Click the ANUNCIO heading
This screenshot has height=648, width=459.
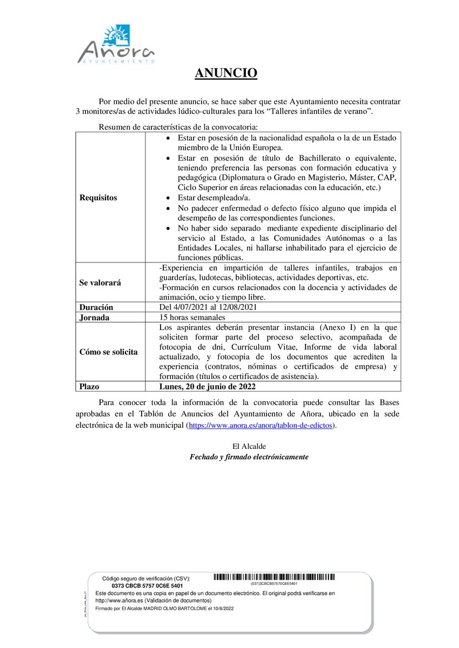226,73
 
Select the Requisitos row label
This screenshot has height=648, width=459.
98,198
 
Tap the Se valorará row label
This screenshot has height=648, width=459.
101,282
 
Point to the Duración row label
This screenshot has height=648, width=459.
97,307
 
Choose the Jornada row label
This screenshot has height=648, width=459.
94,318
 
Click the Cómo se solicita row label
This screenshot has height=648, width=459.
109,352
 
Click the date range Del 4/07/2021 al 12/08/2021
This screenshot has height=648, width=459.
208,307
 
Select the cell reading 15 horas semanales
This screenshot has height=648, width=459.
192,318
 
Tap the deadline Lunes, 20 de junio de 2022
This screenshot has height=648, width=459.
208,387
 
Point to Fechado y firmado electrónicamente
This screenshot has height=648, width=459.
249,457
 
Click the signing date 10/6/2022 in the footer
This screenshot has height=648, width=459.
223,608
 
